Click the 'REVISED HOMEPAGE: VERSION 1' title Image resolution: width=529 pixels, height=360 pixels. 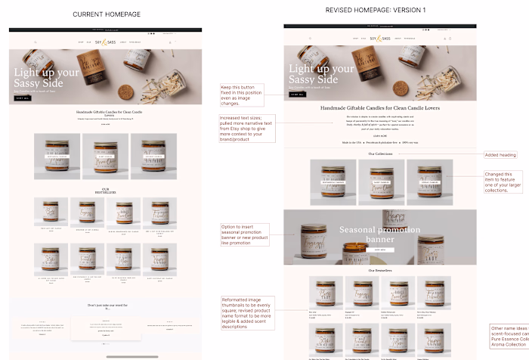(365, 10)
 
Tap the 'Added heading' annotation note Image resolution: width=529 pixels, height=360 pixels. (500, 155)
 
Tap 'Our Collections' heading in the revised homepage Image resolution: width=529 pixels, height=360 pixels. (380, 154)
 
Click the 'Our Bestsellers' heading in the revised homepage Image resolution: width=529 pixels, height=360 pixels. (380, 270)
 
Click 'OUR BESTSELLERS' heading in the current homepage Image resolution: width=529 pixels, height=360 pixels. (105, 191)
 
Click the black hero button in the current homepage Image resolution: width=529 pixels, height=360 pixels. (22, 98)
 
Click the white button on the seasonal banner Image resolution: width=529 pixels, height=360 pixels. (379, 249)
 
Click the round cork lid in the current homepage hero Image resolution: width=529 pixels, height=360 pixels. (125, 92)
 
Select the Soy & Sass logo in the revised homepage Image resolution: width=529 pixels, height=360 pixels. (380, 38)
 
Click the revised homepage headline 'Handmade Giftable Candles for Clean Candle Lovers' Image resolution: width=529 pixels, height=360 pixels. (379, 108)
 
